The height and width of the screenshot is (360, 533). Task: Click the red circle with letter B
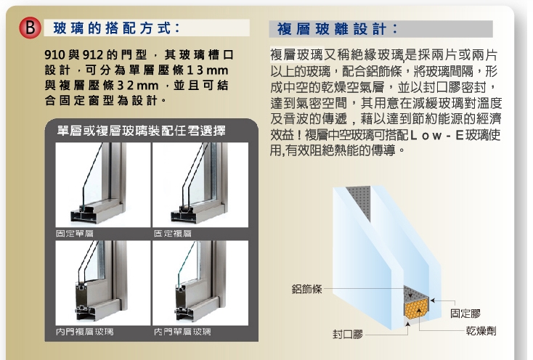(x=30, y=28)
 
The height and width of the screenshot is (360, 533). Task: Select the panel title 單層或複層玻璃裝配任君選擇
(x=141, y=131)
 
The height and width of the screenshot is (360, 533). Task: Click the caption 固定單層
(x=75, y=233)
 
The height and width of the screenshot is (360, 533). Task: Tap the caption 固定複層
(x=173, y=233)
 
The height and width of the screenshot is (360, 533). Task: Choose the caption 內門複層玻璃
(x=85, y=332)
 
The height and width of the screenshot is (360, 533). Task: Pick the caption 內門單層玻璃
(x=182, y=332)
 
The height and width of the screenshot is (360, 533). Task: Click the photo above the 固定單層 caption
(x=103, y=185)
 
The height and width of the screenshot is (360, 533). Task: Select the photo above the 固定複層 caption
(x=200, y=185)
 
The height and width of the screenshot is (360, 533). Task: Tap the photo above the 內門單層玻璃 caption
(x=200, y=283)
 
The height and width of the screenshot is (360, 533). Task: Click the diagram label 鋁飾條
(x=306, y=289)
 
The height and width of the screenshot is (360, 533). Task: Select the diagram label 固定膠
(x=465, y=314)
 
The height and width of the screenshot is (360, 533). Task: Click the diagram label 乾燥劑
(x=481, y=331)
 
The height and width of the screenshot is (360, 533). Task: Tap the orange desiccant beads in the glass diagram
(x=417, y=308)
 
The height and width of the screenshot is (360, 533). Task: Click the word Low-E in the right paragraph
(x=437, y=135)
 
